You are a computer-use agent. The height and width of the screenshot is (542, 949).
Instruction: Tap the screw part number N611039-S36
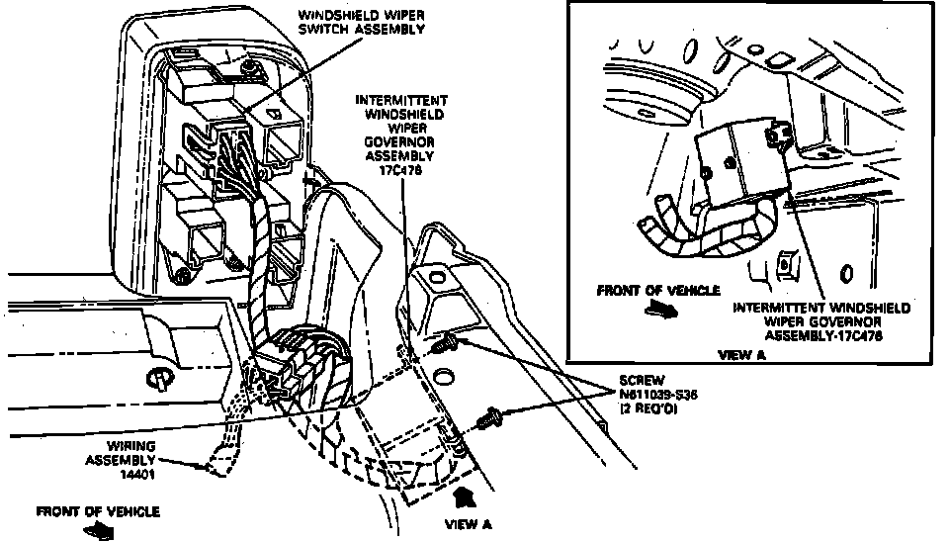coord(658,394)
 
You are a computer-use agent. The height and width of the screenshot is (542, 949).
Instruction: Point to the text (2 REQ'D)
coord(648,407)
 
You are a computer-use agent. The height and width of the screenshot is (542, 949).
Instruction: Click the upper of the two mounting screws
coord(450,343)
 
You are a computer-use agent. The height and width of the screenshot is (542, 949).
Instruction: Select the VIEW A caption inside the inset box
coord(740,353)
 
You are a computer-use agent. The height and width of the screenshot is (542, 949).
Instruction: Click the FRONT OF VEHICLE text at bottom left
coord(97,511)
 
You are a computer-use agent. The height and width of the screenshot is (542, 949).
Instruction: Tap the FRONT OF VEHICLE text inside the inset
coord(658,291)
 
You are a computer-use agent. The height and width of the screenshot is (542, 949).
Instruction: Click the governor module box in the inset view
coord(736,163)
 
